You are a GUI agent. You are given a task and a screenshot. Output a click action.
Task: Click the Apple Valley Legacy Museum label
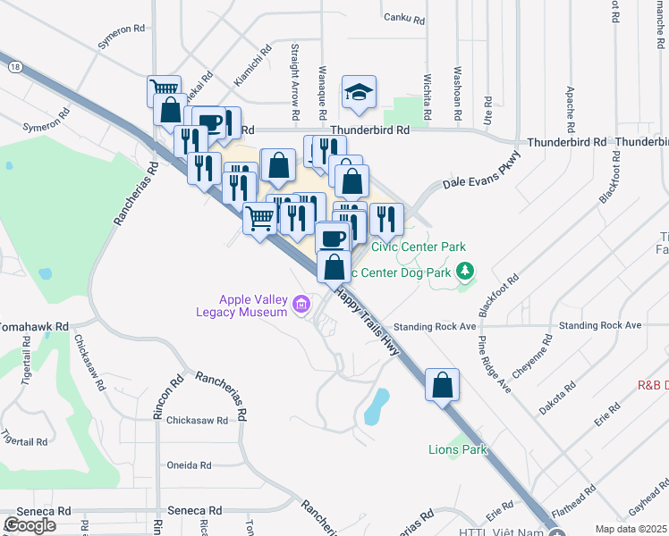[x=241, y=305]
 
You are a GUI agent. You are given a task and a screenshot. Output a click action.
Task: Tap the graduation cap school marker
[x=359, y=92]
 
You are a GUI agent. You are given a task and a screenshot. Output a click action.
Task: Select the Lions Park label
[x=458, y=449]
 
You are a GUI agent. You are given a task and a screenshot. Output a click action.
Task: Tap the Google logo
[x=30, y=525]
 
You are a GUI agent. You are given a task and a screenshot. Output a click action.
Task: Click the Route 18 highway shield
[x=13, y=66]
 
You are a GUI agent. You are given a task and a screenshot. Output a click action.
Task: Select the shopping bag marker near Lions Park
[x=442, y=386]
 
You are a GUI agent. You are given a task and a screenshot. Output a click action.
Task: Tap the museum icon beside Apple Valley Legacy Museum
[x=301, y=306]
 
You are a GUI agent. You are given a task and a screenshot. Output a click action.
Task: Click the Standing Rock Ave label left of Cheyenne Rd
[x=437, y=326]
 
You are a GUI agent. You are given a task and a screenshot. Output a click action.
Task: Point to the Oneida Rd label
[x=189, y=465]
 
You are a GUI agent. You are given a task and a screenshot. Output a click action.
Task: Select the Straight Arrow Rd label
[x=294, y=82]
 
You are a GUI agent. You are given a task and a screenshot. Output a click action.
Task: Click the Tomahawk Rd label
[x=34, y=326]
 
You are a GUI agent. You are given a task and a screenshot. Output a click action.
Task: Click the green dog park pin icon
[x=464, y=270]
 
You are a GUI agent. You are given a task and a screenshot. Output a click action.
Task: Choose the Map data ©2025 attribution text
[x=631, y=529]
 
